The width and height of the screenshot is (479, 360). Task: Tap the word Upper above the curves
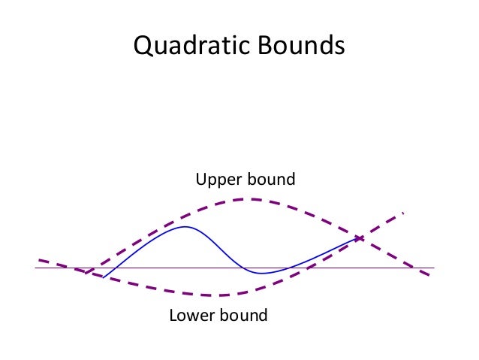click(x=218, y=180)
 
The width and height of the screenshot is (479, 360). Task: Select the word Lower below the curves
click(x=191, y=315)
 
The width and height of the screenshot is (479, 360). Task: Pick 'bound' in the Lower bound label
click(x=243, y=315)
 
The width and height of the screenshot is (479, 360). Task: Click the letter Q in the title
click(x=142, y=46)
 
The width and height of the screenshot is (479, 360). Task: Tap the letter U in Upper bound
click(x=200, y=180)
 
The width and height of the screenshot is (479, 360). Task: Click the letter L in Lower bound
click(x=173, y=315)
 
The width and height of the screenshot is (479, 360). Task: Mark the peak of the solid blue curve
click(x=185, y=226)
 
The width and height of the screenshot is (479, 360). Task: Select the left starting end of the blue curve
click(x=103, y=277)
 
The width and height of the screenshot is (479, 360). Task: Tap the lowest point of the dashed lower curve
click(x=214, y=295)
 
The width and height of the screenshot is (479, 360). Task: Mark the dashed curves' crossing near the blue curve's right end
click(x=359, y=238)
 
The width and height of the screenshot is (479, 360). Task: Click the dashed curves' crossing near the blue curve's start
click(x=89, y=272)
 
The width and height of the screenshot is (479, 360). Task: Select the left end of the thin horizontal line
click(x=35, y=268)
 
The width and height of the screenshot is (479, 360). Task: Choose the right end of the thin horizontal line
click(x=434, y=268)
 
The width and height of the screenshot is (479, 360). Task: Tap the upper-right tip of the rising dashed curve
click(x=404, y=213)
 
